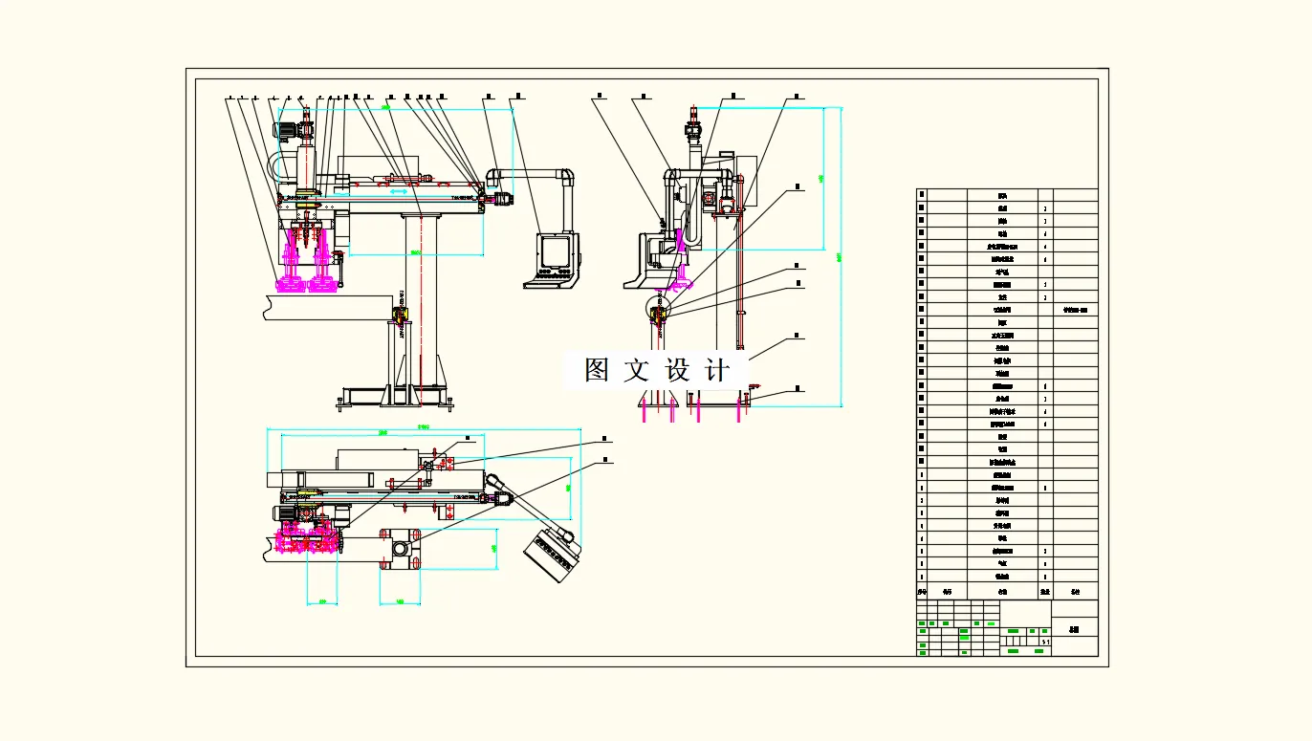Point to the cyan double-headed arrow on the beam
403,193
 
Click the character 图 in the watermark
598,371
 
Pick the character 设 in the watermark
677,371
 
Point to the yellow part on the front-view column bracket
400,314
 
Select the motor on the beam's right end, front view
501,199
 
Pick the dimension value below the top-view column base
400,602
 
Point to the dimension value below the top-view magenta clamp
322,602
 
